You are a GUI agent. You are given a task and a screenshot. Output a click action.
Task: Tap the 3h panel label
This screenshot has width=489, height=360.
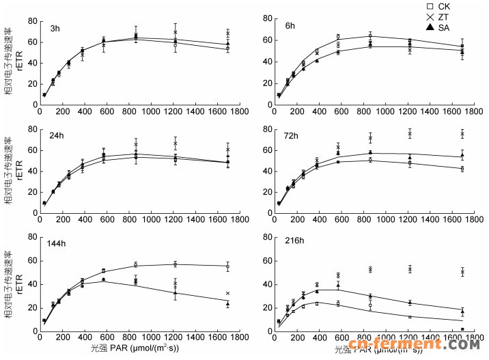point(55,28)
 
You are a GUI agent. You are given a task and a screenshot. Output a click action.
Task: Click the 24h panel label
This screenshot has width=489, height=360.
point(57,135)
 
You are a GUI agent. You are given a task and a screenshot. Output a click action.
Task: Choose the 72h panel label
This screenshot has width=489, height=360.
point(292,135)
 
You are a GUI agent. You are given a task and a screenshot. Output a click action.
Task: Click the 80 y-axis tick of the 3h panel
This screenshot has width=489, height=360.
point(31,21)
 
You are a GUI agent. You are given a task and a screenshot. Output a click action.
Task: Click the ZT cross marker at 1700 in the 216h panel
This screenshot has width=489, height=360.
point(462,272)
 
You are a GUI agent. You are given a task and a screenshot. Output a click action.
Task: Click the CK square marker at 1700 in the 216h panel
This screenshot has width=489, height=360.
point(462,329)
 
